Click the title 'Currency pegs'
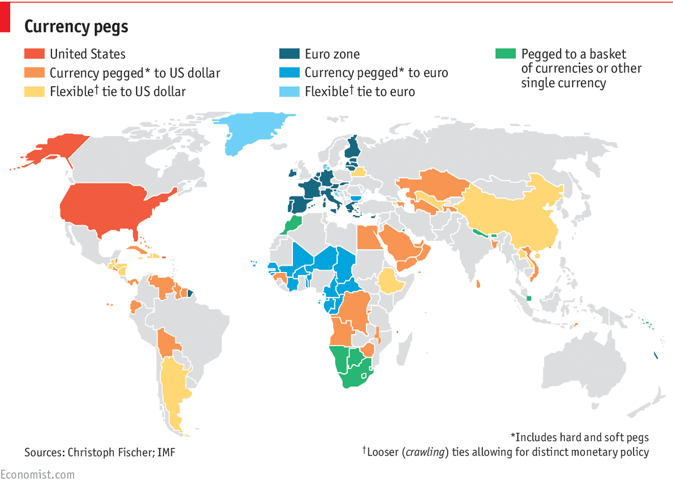(76, 26)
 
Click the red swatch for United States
(34, 54)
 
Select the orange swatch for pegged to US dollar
(34, 73)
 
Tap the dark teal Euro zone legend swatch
(290, 54)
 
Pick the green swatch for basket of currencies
(506, 54)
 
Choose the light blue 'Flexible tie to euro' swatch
(290, 91)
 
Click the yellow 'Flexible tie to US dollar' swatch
(34, 91)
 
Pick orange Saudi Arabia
(399, 244)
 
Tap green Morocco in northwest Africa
(291, 224)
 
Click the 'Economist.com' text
(37, 475)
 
